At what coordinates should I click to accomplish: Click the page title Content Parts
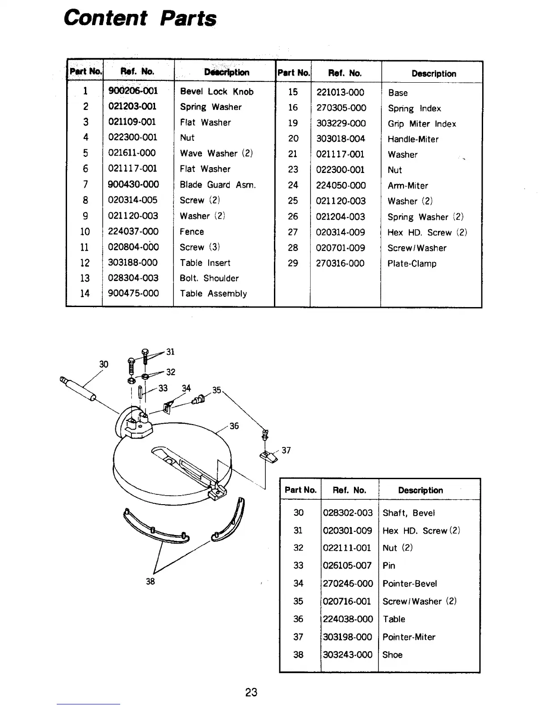pos(140,18)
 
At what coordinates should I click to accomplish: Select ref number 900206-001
pos(133,91)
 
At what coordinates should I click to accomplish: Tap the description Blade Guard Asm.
pos(218,185)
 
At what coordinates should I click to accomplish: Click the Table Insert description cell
pos(205,263)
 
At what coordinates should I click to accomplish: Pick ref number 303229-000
pos(341,123)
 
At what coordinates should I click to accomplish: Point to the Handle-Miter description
pos(413,139)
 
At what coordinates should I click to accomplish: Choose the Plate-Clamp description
pos(412,264)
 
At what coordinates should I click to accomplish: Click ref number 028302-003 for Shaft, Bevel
pos(348,513)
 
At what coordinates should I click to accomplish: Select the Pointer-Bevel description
pos(409,583)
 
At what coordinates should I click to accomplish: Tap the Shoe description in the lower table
pos(392,655)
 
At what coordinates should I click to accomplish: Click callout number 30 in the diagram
pos(104,364)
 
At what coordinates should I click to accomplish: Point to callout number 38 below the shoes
pos(151,582)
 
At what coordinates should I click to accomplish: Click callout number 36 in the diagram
pos(234,426)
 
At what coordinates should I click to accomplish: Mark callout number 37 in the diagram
pos(286,450)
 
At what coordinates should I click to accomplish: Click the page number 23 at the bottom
pos(251,692)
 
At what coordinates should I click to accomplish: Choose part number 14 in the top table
pos(85,294)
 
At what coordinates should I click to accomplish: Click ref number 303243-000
pos(347,655)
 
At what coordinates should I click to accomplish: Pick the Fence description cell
pos(192,232)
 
